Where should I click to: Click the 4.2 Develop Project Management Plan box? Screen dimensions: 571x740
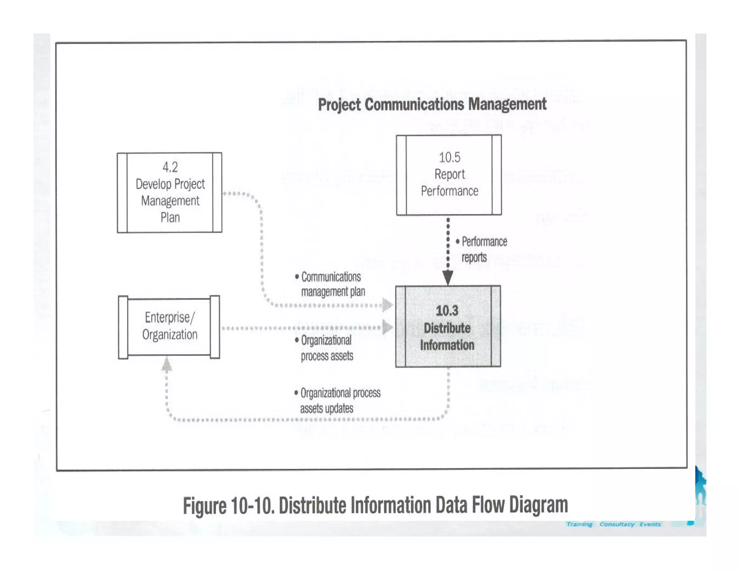(169, 192)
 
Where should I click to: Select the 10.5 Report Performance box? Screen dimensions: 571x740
(449, 175)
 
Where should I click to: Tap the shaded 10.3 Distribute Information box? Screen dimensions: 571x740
(448, 327)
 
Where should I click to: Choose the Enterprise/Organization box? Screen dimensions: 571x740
(169, 327)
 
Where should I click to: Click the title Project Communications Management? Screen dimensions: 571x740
(432, 105)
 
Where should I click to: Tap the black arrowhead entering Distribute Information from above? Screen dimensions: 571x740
(448, 278)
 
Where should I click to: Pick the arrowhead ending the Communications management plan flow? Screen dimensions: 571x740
(387, 305)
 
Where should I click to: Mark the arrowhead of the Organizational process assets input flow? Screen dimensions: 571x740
(387, 327)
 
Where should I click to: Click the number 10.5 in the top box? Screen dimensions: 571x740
(449, 157)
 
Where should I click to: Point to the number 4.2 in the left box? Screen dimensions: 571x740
(170, 167)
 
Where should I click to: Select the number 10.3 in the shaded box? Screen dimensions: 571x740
(447, 310)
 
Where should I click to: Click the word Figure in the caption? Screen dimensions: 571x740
(204, 505)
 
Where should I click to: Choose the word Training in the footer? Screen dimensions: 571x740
(579, 524)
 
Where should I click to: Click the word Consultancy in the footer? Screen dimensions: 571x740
(617, 524)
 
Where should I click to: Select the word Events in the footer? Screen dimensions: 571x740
(650, 524)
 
